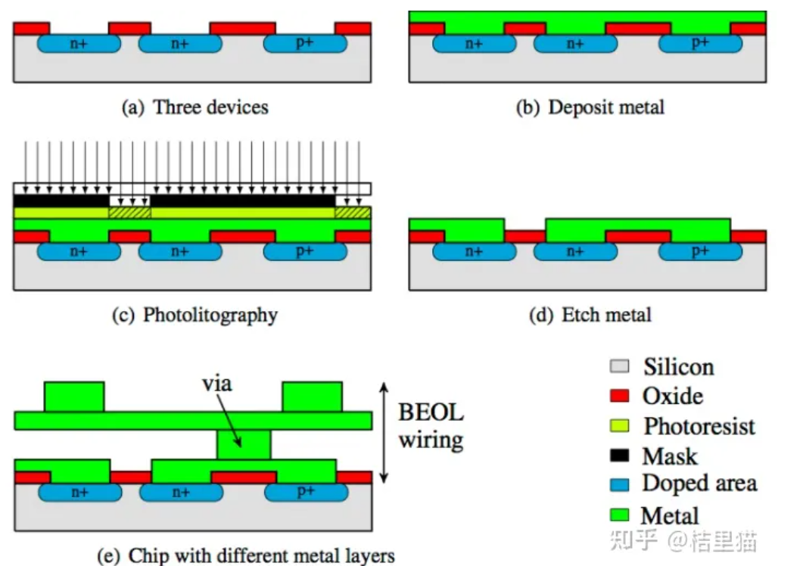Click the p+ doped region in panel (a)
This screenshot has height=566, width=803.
pos(304,44)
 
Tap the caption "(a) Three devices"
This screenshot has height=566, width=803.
pos(195,107)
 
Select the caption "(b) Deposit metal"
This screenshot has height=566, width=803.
pos(590,107)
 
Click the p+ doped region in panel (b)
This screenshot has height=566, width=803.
pos(700,44)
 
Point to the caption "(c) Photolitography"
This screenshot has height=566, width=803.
pos(195,315)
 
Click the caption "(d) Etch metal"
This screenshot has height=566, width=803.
pos(590,315)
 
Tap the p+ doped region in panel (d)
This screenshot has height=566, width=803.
pos(700,251)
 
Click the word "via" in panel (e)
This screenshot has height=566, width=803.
pos(217,384)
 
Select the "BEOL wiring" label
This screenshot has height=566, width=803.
pos(431,427)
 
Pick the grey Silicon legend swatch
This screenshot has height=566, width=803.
pos(620,368)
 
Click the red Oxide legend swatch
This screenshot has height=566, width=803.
pos(620,397)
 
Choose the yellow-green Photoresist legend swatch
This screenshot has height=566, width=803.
pos(620,427)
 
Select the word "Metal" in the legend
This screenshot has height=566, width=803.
pos(670,516)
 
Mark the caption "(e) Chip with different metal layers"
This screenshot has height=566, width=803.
pos(247,556)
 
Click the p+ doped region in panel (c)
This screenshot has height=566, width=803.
pos(304,251)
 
